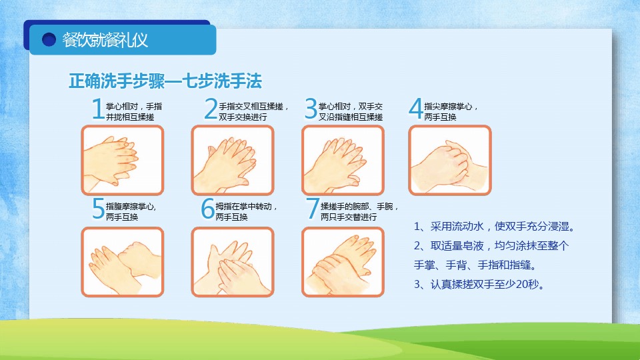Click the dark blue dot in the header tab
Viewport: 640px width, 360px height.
(x=49, y=39)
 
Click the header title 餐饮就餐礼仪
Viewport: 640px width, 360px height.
(x=105, y=40)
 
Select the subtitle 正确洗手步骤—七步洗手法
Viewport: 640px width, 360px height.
(x=165, y=81)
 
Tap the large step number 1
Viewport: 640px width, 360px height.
(x=98, y=109)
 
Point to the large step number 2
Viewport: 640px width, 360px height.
(x=211, y=109)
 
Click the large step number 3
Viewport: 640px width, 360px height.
(x=311, y=109)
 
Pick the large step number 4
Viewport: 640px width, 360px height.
(x=415, y=109)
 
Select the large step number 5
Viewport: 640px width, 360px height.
(x=99, y=209)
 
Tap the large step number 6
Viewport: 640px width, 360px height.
(x=208, y=209)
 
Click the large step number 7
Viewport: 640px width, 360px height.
(x=312, y=209)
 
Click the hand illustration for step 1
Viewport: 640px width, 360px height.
(x=123, y=160)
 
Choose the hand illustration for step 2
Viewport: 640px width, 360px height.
(x=233, y=160)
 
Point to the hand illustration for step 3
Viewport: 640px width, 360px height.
(x=343, y=160)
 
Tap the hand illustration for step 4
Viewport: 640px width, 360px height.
(x=450, y=160)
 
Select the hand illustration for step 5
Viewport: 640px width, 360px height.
(x=123, y=261)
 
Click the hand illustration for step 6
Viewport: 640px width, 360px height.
(x=233, y=261)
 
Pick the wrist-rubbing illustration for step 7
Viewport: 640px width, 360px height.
(x=343, y=261)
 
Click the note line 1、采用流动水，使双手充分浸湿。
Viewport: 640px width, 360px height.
(x=494, y=227)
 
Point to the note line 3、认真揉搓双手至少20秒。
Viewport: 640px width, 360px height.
(x=479, y=284)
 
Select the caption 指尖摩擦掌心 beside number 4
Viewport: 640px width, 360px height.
(x=448, y=107)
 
